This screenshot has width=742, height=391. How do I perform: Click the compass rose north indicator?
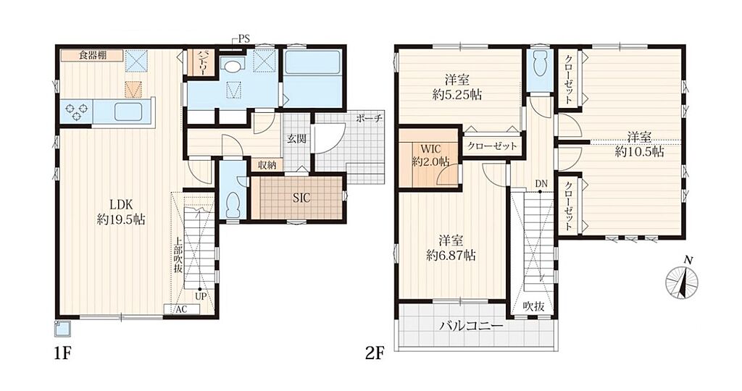coord(682,282)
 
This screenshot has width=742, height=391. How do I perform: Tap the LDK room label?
coord(121,205)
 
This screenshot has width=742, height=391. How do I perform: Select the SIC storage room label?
coord(301,198)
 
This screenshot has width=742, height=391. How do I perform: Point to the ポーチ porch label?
coord(370,119)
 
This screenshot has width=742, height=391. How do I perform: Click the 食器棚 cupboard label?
coord(92,55)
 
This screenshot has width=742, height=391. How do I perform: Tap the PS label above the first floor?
coord(243,39)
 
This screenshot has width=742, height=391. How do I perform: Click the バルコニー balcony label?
coord(471,327)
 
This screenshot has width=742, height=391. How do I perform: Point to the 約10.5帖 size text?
coord(639,152)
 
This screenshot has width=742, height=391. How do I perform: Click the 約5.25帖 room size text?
coord(457,95)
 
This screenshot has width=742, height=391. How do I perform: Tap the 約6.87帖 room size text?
coord(451,256)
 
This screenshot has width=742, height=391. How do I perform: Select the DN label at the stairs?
coord(541,183)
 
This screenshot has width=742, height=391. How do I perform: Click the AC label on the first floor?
coord(181,310)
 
